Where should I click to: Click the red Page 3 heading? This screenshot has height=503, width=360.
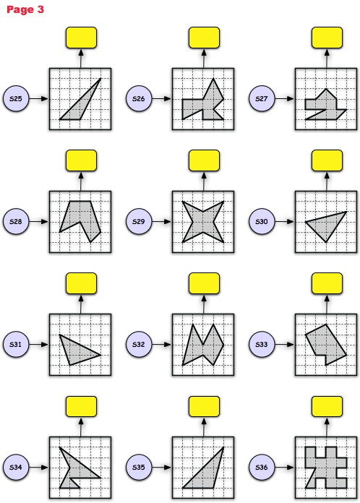pos(25,9)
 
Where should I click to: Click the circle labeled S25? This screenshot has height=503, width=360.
pos(16,98)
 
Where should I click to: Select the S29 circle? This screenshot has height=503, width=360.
pos(139,221)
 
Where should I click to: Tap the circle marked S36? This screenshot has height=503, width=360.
pos(262,467)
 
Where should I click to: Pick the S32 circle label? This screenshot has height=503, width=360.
pos(139,344)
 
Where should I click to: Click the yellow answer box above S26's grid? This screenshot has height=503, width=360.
pos(204,38)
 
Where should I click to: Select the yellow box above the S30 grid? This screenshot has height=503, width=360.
pos(327,160)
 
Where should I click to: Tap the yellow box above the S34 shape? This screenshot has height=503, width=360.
pos(81,406)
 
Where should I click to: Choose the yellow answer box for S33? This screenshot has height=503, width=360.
pos(327,283)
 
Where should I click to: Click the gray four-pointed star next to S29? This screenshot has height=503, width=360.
pos(203,222)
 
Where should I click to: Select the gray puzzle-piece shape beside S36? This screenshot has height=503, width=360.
pos(326,468)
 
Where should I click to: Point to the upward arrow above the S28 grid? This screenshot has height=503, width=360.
pos(81,181)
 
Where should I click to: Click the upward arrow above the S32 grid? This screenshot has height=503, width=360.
pos(204,304)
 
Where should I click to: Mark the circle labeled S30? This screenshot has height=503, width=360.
pos(262,221)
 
